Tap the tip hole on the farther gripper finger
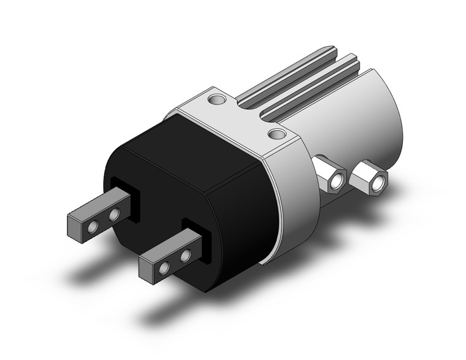point(93,228)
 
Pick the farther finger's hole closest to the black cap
point(113,215)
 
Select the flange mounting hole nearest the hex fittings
point(277,134)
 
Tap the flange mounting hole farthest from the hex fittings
point(215,98)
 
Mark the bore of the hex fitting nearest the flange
point(335,182)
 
